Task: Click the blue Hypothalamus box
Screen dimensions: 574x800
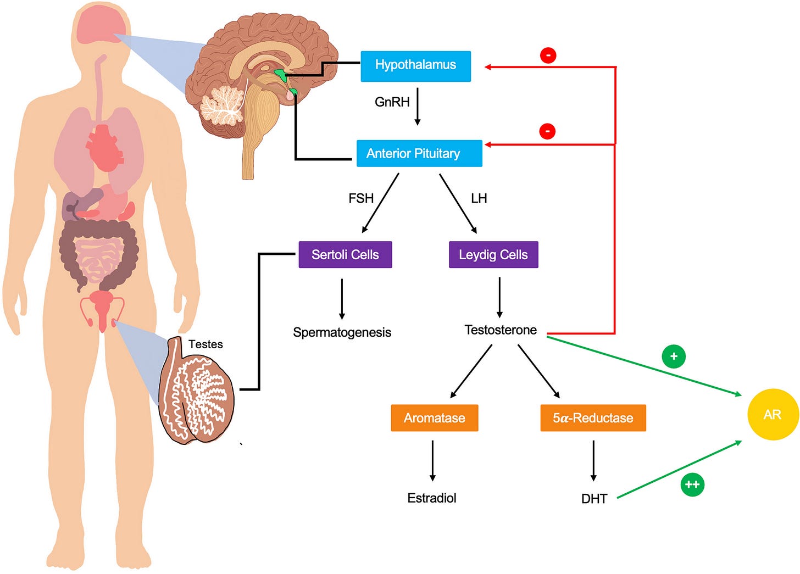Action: [x=415, y=66]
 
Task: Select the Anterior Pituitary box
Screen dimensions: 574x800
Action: [x=419, y=153]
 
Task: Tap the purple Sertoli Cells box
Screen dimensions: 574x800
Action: [x=345, y=255]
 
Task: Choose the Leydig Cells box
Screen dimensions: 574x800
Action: [x=493, y=255]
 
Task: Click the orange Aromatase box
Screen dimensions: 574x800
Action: [x=434, y=418]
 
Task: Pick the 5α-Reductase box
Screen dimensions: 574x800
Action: [x=593, y=418]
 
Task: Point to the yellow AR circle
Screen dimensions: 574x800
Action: [x=773, y=414]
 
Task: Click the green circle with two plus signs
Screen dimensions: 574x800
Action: [x=692, y=484]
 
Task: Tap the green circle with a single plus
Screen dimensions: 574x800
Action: [x=674, y=356]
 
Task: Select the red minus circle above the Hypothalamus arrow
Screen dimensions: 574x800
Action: [x=548, y=55]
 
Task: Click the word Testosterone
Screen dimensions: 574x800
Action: [x=501, y=330]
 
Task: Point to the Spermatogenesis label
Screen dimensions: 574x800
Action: [x=342, y=332]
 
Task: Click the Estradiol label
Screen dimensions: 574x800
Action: [x=432, y=498]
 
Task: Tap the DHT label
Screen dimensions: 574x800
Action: [x=594, y=499]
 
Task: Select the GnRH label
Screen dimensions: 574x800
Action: [x=392, y=102]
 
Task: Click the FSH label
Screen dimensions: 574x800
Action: [x=361, y=198]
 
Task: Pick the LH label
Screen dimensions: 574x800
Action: [x=479, y=198]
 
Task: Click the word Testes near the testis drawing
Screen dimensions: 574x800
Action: [x=205, y=344]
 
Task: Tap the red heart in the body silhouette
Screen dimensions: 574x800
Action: [x=104, y=148]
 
